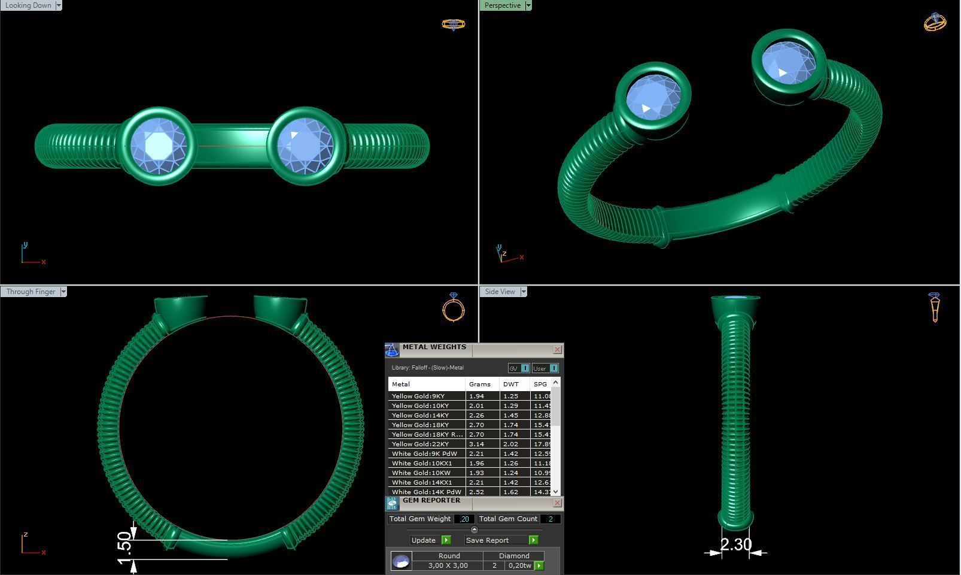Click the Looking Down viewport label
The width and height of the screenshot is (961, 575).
(x=28, y=5)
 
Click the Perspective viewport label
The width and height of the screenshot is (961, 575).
(x=502, y=5)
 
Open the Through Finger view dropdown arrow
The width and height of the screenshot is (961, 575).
(x=63, y=292)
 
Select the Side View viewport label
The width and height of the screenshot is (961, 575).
(x=500, y=292)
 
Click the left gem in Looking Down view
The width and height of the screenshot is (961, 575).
(x=158, y=146)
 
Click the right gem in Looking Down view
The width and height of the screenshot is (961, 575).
(x=305, y=146)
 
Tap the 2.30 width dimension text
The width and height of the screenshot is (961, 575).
(x=735, y=544)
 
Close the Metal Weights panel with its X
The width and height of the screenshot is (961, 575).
(x=557, y=349)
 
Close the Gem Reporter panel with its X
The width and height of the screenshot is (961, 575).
(x=557, y=503)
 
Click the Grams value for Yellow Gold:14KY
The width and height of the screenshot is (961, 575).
(x=476, y=415)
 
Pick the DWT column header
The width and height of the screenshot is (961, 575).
(x=511, y=384)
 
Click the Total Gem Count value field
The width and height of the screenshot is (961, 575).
(x=550, y=519)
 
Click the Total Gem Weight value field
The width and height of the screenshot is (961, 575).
(x=464, y=519)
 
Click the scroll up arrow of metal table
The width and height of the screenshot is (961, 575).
(x=555, y=382)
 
